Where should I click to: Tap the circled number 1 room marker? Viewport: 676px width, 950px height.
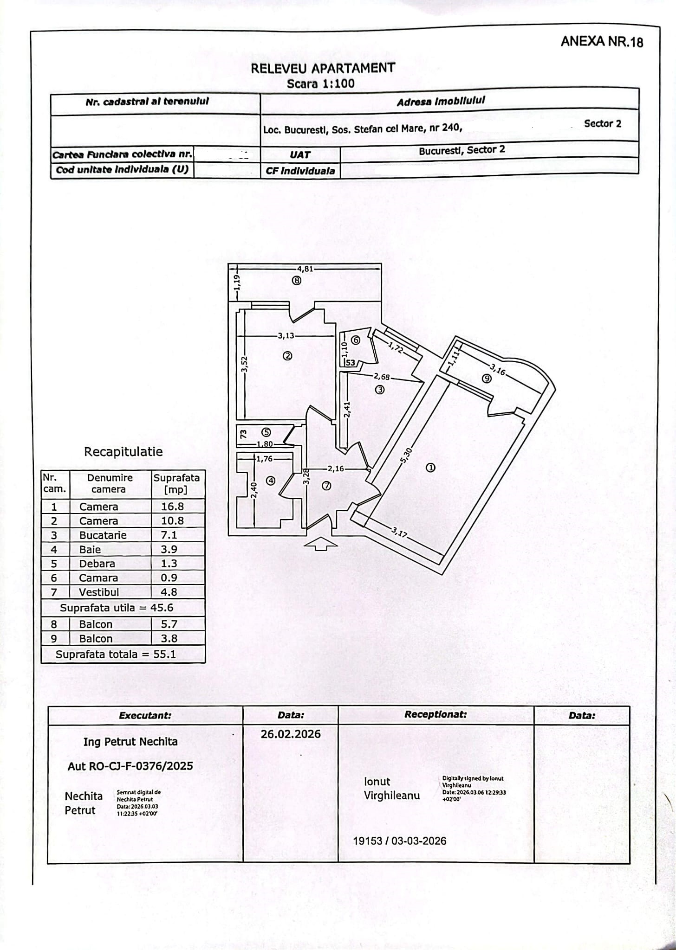click(430, 468)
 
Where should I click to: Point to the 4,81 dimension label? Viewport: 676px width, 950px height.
click(305, 268)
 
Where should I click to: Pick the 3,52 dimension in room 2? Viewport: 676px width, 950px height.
click(245, 364)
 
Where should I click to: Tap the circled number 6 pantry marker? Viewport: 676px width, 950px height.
click(356, 340)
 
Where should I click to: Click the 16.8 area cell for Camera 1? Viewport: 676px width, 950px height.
click(172, 507)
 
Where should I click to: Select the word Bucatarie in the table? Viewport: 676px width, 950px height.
click(103, 535)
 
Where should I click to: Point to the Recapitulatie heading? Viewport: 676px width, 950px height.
click(123, 452)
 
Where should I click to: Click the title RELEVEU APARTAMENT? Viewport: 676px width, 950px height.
click(323, 68)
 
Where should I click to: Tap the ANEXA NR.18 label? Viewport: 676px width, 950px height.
click(602, 42)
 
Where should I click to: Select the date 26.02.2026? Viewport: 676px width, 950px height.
click(291, 734)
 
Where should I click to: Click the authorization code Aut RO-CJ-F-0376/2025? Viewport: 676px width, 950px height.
click(130, 766)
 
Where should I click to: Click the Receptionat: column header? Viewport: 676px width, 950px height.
click(435, 715)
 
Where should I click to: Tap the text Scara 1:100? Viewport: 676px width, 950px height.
click(320, 84)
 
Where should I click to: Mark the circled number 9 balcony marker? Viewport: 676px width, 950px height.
click(487, 379)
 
